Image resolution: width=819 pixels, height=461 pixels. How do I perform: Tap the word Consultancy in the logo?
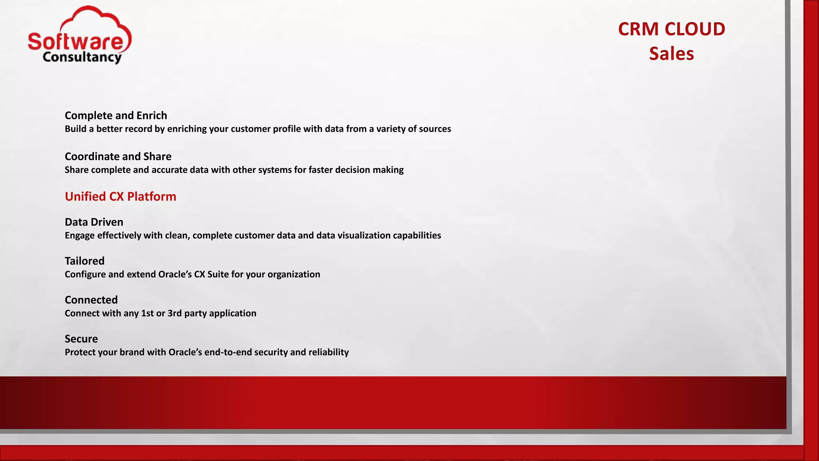(82, 57)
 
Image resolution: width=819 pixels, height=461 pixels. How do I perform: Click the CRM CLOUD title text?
(671, 29)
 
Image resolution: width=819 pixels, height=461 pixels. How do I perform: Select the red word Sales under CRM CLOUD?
(671, 54)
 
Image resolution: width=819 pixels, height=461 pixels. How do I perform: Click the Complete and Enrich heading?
(116, 116)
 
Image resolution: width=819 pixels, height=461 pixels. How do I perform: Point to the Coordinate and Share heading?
(118, 156)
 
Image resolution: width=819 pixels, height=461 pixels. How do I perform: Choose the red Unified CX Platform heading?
(120, 196)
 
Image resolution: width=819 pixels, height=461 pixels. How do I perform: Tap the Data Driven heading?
(94, 222)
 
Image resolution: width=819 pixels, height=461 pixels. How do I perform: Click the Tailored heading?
(85, 261)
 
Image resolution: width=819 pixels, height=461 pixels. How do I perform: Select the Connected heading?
(91, 300)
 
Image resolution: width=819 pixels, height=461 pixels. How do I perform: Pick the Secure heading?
(81, 339)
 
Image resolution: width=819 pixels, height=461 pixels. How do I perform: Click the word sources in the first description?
(435, 129)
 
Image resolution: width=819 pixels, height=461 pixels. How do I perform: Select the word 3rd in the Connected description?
(175, 313)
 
